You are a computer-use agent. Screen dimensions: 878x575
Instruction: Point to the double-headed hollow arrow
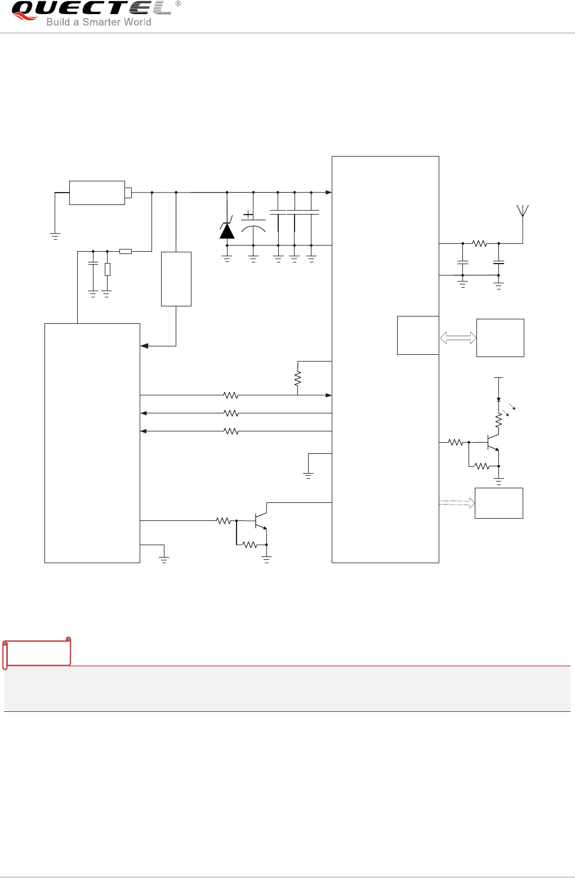tap(458, 338)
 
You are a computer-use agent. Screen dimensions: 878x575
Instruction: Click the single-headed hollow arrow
tap(457, 503)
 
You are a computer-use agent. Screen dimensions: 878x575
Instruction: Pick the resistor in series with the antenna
tap(480, 243)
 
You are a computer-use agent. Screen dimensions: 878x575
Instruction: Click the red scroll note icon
tap(37, 652)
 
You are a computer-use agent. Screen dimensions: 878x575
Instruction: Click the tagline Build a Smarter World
tap(99, 23)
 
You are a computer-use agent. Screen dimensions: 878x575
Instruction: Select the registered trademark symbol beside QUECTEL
tap(178, 3)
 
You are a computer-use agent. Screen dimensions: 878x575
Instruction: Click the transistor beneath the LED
tap(493, 443)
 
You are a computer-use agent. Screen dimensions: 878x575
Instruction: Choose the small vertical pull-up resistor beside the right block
tap(297, 378)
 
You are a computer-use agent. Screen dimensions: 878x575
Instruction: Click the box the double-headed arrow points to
tap(500, 338)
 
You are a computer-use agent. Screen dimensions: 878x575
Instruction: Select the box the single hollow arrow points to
tap(499, 503)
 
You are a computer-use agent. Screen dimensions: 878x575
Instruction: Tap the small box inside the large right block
tap(418, 335)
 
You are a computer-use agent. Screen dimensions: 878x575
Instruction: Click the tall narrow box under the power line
tap(176, 279)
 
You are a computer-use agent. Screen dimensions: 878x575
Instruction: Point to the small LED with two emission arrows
tap(498, 400)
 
